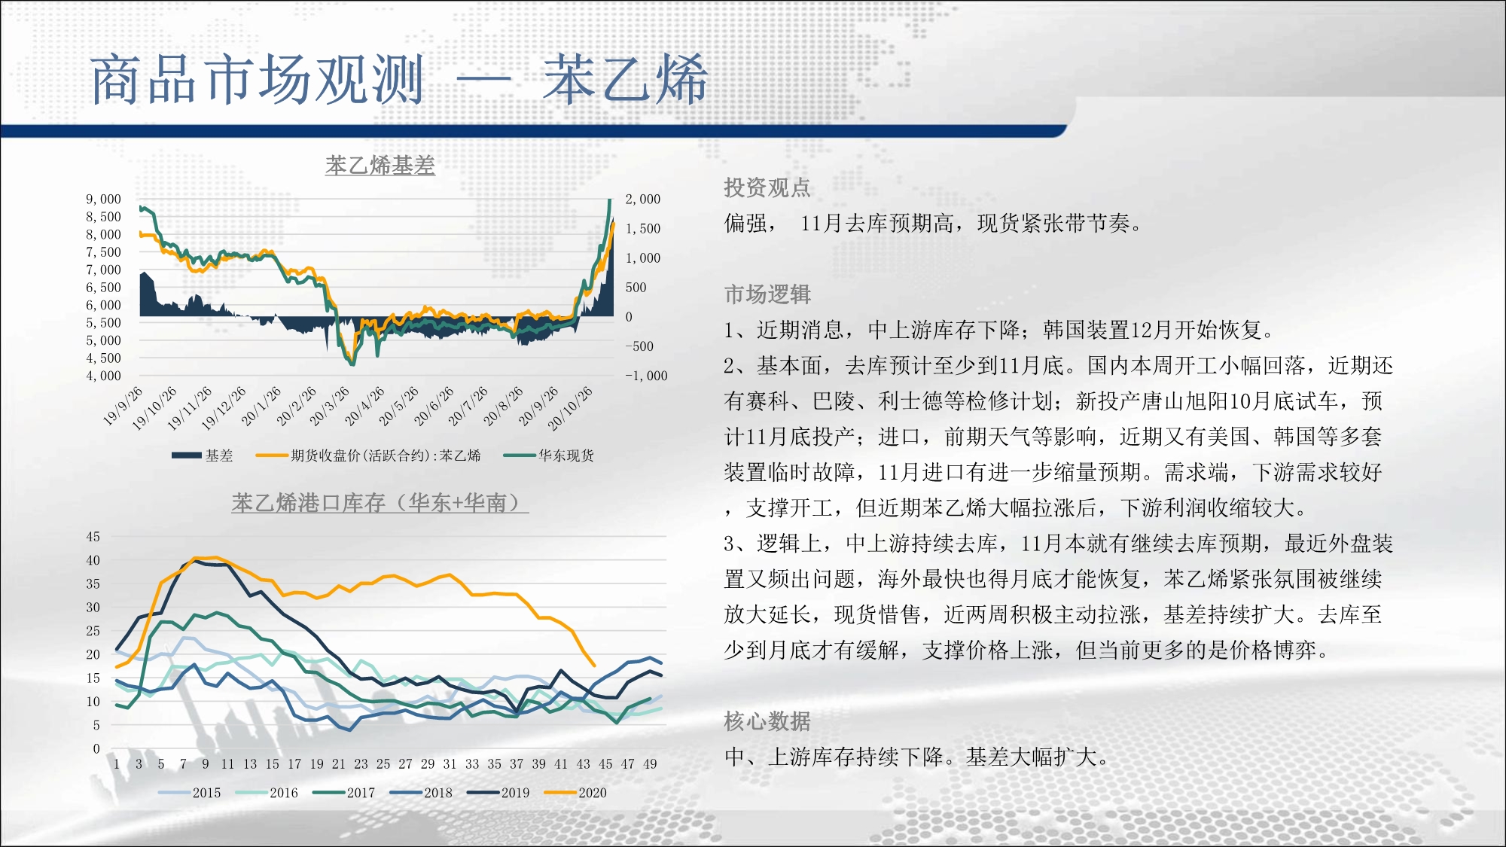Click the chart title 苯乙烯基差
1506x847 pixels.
click(380, 165)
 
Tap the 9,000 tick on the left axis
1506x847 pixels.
click(103, 200)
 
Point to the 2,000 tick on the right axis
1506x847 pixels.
click(643, 200)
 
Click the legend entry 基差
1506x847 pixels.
click(203, 455)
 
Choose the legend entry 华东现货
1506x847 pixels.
click(549, 455)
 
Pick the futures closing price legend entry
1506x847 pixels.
click(368, 455)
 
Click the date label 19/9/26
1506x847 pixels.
click(123, 406)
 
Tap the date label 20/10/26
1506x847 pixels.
click(570, 409)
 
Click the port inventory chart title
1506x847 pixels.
click(380, 503)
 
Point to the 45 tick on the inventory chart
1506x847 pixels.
click(93, 537)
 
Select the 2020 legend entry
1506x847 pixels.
click(575, 793)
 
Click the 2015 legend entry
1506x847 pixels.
click(190, 793)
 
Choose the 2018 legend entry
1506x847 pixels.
click(421, 793)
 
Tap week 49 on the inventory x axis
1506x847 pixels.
click(650, 764)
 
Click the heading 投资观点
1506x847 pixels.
click(767, 187)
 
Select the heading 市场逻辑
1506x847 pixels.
click(767, 294)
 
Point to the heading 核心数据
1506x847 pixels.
click(767, 721)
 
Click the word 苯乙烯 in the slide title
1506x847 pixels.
click(625, 79)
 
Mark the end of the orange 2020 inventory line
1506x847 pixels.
click(595, 666)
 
